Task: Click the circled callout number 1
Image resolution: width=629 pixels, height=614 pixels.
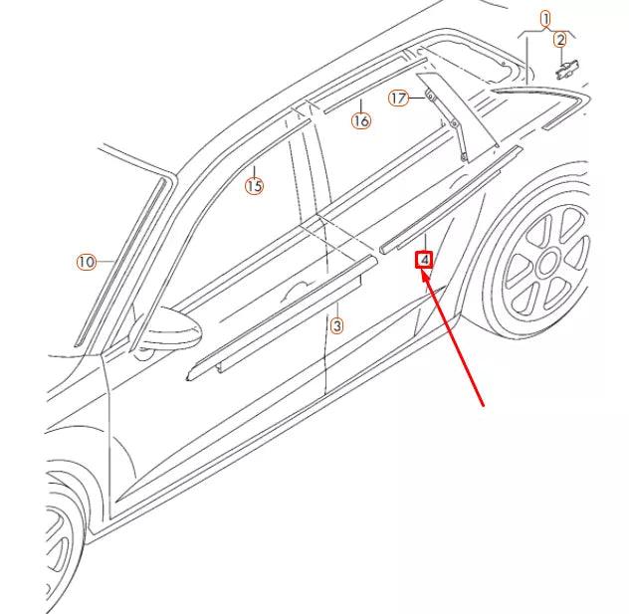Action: coord(544,18)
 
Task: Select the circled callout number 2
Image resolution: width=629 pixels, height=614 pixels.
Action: coord(560,40)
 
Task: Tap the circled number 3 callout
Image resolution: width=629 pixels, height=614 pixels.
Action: coord(336,325)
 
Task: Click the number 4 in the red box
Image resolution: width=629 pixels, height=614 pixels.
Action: coord(424,261)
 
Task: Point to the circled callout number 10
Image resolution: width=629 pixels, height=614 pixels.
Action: coord(87,262)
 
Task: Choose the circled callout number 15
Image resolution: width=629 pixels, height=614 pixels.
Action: coord(254,185)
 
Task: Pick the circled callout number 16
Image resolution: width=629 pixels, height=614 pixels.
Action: coord(360,120)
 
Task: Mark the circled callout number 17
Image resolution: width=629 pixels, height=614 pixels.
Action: coord(398,98)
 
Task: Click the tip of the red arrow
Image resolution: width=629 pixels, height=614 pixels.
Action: coord(423,273)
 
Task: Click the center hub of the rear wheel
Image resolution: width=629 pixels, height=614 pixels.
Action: coord(546,264)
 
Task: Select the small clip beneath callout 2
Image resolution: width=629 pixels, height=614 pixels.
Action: coord(568,68)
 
